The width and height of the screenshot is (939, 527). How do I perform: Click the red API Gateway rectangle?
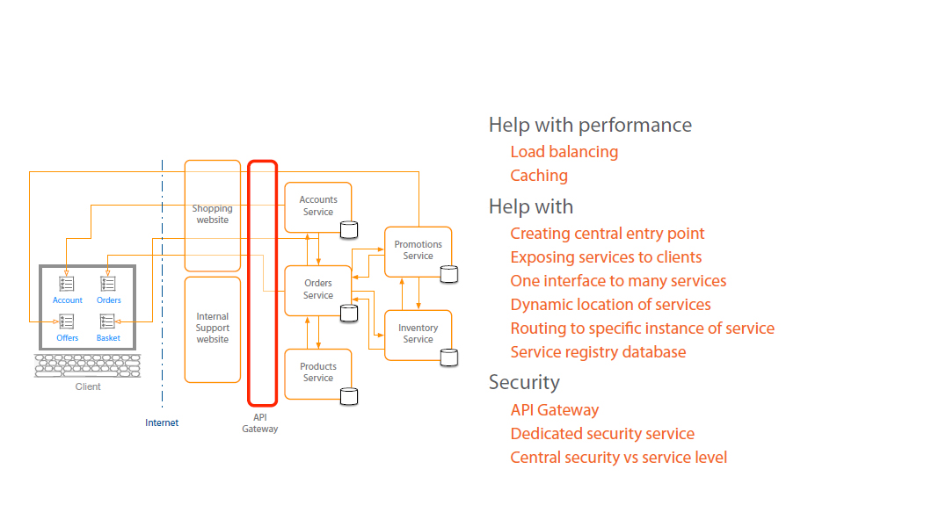pyautogui.click(x=263, y=281)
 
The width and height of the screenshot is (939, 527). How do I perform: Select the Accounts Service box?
pyautogui.click(x=317, y=206)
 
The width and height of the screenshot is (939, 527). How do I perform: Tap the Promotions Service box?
pyautogui.click(x=418, y=250)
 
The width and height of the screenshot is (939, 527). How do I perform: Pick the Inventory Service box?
pyautogui.click(x=418, y=334)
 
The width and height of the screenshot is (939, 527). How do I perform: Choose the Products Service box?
pyautogui.click(x=317, y=372)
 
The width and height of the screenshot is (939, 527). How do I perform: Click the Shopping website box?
pyautogui.click(x=212, y=215)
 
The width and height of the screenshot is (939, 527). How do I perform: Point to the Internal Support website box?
pyautogui.click(x=212, y=328)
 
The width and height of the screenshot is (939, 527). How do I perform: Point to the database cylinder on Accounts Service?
pyautogui.click(x=349, y=230)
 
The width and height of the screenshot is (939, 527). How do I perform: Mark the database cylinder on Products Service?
pyautogui.click(x=349, y=396)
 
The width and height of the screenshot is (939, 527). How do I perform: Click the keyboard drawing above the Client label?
pyautogui.click(x=87, y=365)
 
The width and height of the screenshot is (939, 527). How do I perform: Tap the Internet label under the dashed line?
pyautogui.click(x=162, y=422)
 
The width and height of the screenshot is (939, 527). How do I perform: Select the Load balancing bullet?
pyautogui.click(x=564, y=152)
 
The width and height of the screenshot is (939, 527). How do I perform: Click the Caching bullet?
pyautogui.click(x=539, y=176)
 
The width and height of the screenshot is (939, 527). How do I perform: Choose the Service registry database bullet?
pyautogui.click(x=598, y=352)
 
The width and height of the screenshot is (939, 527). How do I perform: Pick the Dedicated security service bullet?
pyautogui.click(x=602, y=434)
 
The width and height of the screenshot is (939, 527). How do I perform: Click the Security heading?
pyautogui.click(x=524, y=382)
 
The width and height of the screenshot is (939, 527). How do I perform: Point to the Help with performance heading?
pyautogui.click(x=590, y=125)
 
